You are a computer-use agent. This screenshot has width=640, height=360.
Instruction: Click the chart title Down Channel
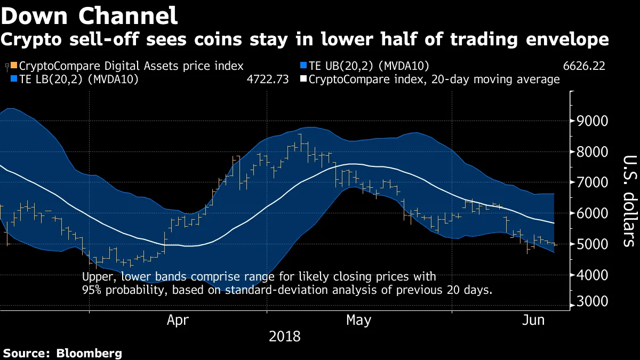pyautogui.click(x=90, y=16)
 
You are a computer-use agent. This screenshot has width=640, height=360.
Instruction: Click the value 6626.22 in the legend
pyautogui.click(x=583, y=66)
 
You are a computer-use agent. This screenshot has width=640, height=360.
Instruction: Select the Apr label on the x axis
pyautogui.click(x=178, y=321)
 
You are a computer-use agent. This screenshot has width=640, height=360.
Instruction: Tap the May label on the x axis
pyautogui.click(x=358, y=321)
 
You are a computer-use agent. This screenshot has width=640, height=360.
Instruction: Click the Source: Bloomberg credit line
pyautogui.click(x=63, y=353)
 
